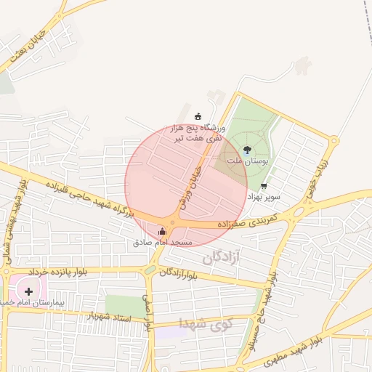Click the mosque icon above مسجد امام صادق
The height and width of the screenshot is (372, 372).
point(161,232)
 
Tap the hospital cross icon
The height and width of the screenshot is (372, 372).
point(28,291)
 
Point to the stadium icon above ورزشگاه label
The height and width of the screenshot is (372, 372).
point(198,116)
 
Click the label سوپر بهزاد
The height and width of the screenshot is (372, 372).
point(263,197)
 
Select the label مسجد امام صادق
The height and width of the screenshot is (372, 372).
point(162,242)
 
